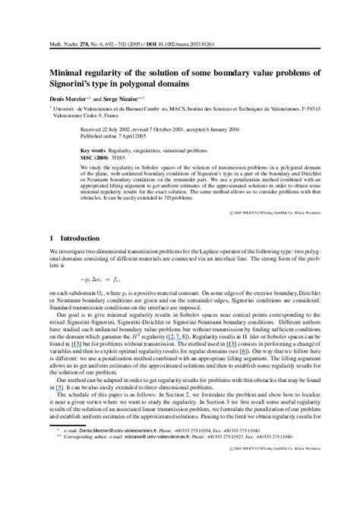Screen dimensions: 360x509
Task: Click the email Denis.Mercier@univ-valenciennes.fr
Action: tap(106, 472)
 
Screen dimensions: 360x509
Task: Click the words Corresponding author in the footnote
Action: tap(87, 480)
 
